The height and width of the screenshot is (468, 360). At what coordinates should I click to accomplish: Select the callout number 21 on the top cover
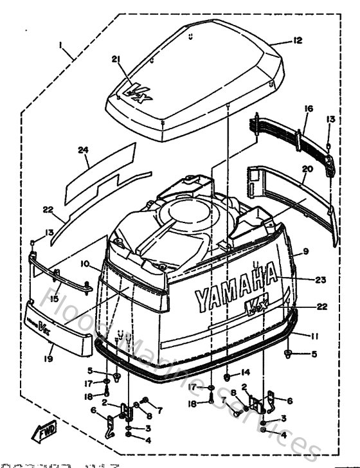[116, 59]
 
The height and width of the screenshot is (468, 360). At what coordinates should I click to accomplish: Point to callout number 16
[308, 110]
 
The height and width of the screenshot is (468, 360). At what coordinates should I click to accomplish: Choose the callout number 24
[82, 150]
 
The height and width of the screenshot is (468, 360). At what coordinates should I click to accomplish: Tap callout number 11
[314, 336]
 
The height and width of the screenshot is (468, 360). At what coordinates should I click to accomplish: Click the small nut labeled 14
[230, 372]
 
